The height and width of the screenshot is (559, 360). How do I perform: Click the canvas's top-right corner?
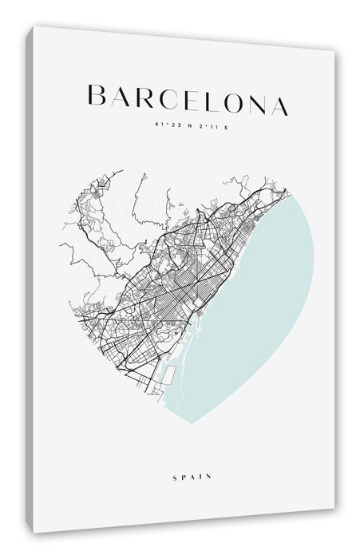[x=333, y=50]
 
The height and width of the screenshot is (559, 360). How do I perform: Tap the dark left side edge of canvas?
[x=30, y=279]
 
